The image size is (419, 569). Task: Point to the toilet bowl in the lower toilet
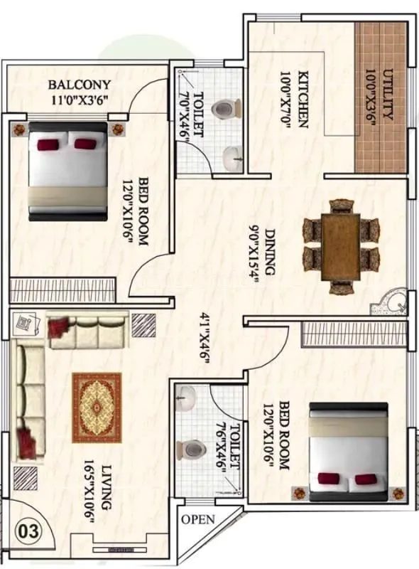190,450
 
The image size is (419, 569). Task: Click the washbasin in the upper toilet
232,158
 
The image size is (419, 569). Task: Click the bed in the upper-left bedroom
67,171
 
